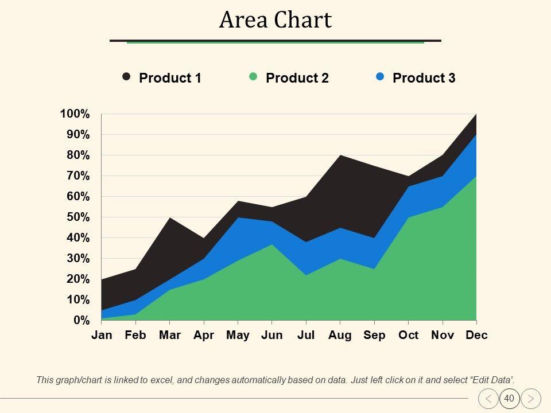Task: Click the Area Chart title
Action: click(275, 20)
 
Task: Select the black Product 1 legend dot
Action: click(126, 76)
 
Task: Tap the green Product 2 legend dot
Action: click(253, 76)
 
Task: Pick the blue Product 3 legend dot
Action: click(380, 76)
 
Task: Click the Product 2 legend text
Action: click(297, 78)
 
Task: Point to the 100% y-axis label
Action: click(75, 114)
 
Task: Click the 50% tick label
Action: click(78, 217)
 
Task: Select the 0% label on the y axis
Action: click(81, 320)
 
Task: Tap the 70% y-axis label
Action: click(78, 176)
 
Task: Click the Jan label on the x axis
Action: click(102, 336)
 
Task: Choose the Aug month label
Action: click(340, 336)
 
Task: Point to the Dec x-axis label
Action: click(476, 336)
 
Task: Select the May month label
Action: click(238, 336)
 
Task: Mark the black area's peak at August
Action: click(340, 157)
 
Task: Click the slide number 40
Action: click(509, 398)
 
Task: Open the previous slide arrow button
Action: click(488, 398)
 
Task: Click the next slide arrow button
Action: click(531, 398)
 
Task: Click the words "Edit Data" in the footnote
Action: click(492, 380)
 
